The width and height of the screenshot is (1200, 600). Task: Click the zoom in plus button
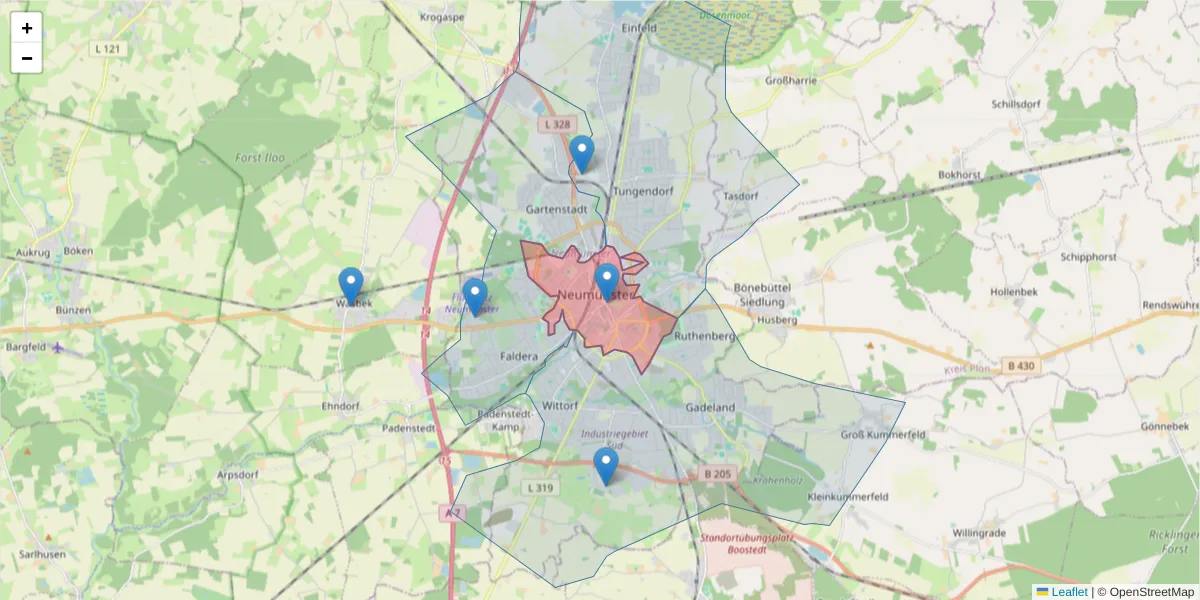[x=27, y=28]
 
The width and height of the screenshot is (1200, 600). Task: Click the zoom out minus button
[x=27, y=58]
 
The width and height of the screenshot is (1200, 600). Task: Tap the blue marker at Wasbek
[x=350, y=285]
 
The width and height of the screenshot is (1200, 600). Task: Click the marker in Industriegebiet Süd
[x=605, y=465]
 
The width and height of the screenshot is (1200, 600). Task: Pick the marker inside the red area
[x=606, y=281]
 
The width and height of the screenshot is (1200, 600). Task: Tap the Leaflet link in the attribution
[x=1069, y=592]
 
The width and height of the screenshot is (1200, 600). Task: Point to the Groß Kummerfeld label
[x=882, y=435]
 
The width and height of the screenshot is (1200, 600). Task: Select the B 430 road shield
[x=1021, y=366]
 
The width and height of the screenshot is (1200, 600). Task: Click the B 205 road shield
[x=718, y=474]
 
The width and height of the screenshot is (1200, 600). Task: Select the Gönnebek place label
[x=1163, y=426]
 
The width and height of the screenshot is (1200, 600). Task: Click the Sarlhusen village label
[x=43, y=554]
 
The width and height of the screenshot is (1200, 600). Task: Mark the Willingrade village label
[x=979, y=533]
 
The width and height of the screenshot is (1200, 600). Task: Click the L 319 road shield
[x=539, y=487]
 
